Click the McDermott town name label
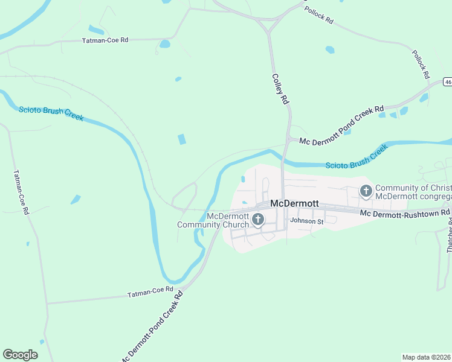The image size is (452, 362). coord(294,203)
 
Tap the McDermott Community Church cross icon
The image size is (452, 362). coord(258,220)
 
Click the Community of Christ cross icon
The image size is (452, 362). coord(366,191)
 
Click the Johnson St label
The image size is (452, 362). coord(307,221)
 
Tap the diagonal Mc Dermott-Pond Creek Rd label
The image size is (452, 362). coord(151,326)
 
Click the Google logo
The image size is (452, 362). coord(20,355)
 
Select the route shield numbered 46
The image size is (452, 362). coord(447,81)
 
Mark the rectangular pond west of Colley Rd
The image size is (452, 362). coord(181,139)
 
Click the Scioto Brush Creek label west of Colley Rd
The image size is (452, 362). coord(51,113)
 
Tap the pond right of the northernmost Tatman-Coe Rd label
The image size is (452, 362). coord(164,43)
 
